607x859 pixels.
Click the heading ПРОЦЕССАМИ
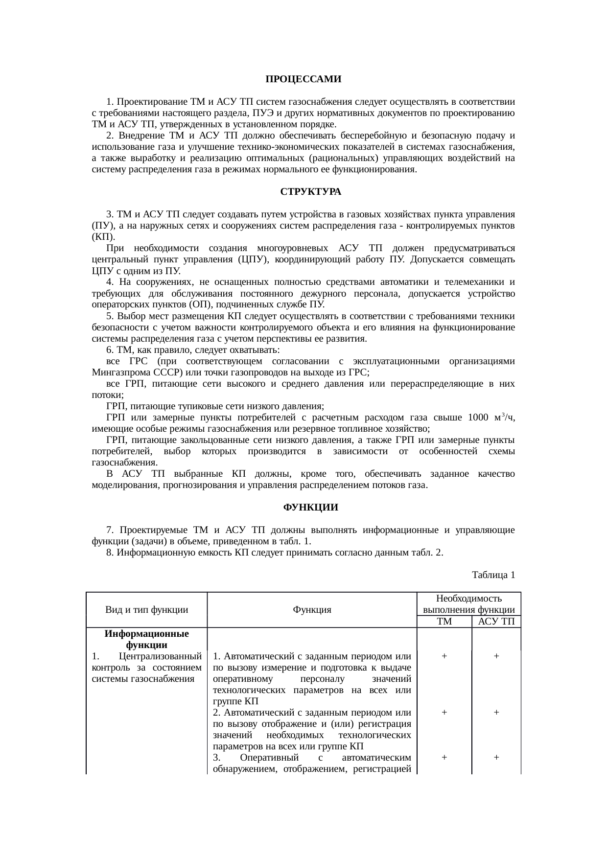[x=303, y=79]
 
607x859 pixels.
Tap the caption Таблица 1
[x=493, y=575]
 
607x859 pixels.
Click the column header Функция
[x=312, y=610]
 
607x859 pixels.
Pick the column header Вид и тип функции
[x=147, y=610]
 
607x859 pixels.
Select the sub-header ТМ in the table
[x=444, y=622]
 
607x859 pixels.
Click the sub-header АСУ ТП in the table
[x=496, y=622]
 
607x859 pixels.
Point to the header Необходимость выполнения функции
[x=468, y=604]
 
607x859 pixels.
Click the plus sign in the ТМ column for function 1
[x=444, y=656]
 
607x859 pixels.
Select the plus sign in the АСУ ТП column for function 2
[x=496, y=713]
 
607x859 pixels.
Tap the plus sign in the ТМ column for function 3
[x=444, y=757]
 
